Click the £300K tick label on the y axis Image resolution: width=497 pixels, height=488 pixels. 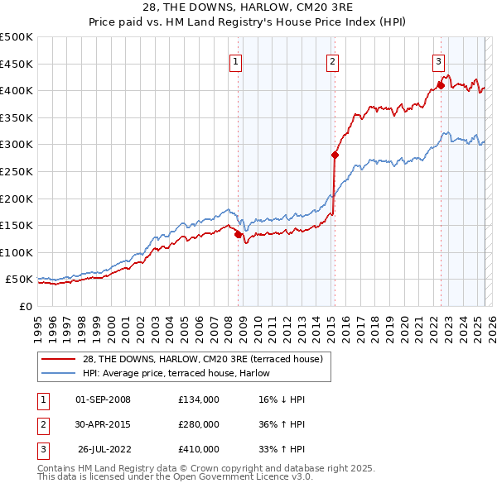[x=17, y=145]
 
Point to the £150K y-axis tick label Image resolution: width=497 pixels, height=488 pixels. [x=17, y=225]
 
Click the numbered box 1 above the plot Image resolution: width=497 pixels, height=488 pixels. [x=236, y=60]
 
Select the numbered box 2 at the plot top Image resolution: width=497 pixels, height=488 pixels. [x=332, y=60]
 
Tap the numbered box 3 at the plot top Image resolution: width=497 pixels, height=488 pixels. [x=438, y=60]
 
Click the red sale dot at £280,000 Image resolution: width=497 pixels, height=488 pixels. [x=335, y=155]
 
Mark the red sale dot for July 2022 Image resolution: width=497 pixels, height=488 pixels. [x=441, y=84]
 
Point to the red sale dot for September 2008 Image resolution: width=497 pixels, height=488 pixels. [x=239, y=234]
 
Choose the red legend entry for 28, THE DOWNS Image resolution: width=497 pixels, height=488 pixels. [x=207, y=358]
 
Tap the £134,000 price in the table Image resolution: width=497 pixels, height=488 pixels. [x=199, y=399]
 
